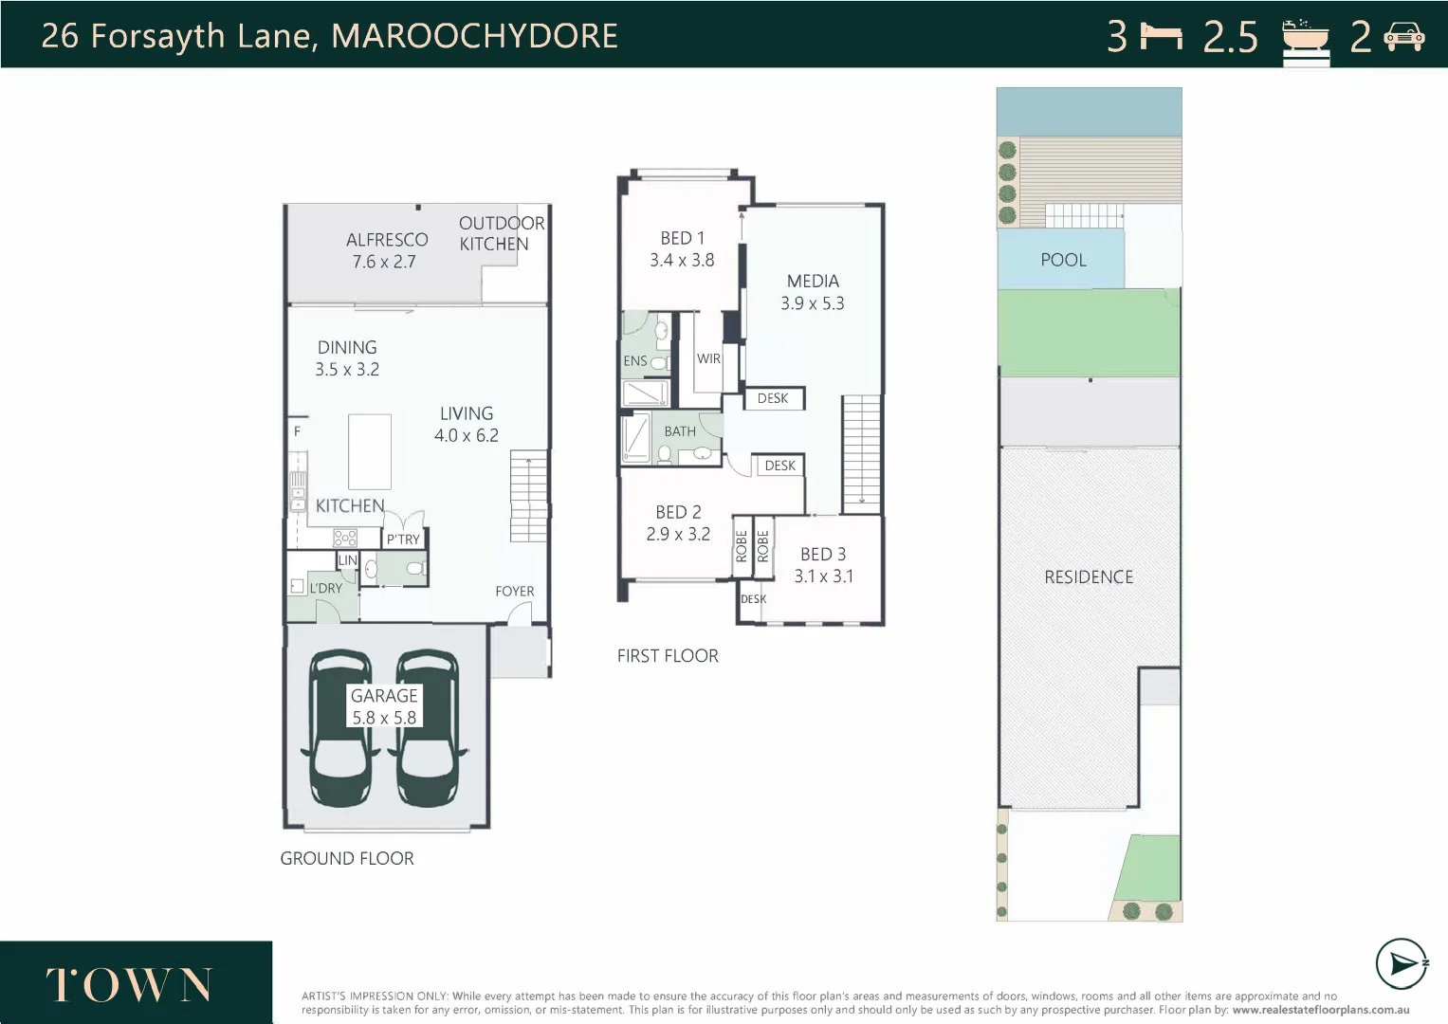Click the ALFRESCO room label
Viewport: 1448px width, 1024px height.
coord(387,240)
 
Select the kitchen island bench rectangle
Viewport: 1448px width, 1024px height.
coord(369,451)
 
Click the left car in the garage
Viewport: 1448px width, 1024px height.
coord(340,728)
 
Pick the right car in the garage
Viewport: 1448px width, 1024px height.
coord(427,728)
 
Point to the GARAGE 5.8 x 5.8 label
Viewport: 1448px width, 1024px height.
coord(384,706)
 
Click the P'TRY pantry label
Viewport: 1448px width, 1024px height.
coord(403,539)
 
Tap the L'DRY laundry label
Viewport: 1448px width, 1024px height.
coord(325,588)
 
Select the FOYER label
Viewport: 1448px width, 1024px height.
coord(514,591)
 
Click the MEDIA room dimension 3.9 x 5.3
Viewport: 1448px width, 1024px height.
coord(812,303)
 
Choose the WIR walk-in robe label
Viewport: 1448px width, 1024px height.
coord(708,358)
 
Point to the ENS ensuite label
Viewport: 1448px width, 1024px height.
coord(634,361)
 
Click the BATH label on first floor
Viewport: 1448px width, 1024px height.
coord(680,431)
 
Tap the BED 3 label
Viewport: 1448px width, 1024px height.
coord(822,554)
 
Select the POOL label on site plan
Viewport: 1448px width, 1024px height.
coord(1063,260)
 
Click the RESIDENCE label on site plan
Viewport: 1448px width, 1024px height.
coord(1089,576)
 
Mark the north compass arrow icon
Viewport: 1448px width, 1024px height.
coord(1401,964)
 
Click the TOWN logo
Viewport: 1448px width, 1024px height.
coord(129,985)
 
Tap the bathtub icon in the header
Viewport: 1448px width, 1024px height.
coord(1306,38)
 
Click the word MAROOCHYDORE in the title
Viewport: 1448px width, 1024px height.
coord(474,36)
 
